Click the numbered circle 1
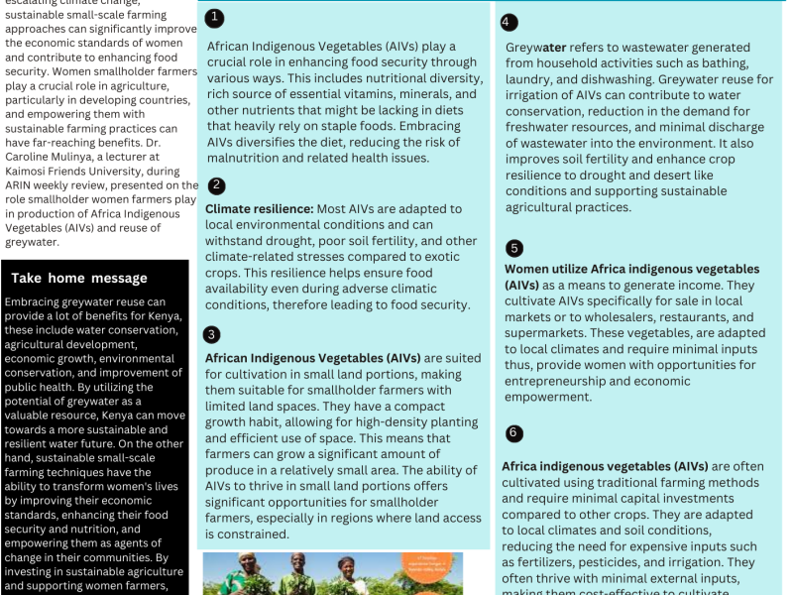(214, 18)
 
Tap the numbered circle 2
(216, 185)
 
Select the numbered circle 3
(213, 334)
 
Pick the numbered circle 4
(509, 23)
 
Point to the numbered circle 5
(513, 248)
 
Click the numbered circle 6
(513, 433)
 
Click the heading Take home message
(79, 278)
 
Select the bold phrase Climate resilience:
(259, 208)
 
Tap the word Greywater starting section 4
(535, 47)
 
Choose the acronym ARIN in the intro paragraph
(21, 185)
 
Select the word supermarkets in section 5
(545, 332)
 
